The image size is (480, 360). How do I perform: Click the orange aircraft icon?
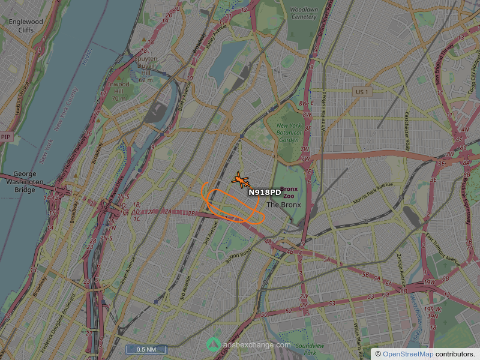[x=241, y=179]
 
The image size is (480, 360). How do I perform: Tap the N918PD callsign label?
[x=265, y=192]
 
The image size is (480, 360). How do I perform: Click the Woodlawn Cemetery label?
[x=304, y=13]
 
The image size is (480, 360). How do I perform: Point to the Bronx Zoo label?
[x=290, y=192]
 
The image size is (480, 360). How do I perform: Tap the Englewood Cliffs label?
[x=26, y=26]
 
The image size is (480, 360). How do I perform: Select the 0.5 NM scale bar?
[x=146, y=349]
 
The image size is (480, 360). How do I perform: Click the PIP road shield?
[x=6, y=137]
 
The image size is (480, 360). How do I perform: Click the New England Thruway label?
[x=446, y=66]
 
